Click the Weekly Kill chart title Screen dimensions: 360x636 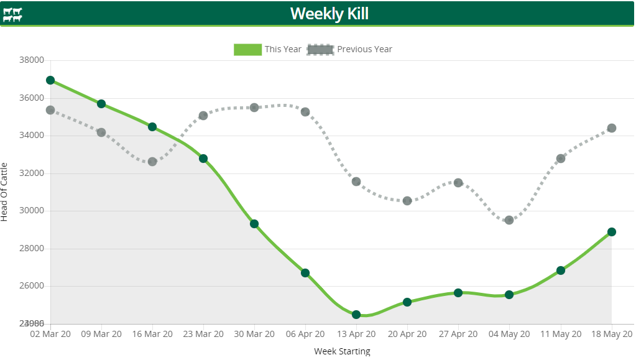329,13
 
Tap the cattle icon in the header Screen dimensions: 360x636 12,14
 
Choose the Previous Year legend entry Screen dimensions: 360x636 350,49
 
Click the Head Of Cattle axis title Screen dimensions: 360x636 5,192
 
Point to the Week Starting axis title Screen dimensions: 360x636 342,351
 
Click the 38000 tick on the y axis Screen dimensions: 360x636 32,60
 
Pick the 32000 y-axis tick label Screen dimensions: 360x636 32,173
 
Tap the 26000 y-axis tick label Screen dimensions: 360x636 32,286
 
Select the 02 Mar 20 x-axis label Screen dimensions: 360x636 50,334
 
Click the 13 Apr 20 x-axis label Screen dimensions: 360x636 356,334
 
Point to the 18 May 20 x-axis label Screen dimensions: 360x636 611,334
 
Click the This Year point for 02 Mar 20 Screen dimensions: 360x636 50,80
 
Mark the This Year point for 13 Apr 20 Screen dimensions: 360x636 356,315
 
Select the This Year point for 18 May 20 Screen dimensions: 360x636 612,232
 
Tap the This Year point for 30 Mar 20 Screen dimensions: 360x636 254,224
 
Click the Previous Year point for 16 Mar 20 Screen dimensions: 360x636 152,162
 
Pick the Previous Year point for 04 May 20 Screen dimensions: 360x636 509,220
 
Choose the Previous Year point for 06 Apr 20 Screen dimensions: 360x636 305,112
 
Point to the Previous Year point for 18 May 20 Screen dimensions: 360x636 612,128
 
